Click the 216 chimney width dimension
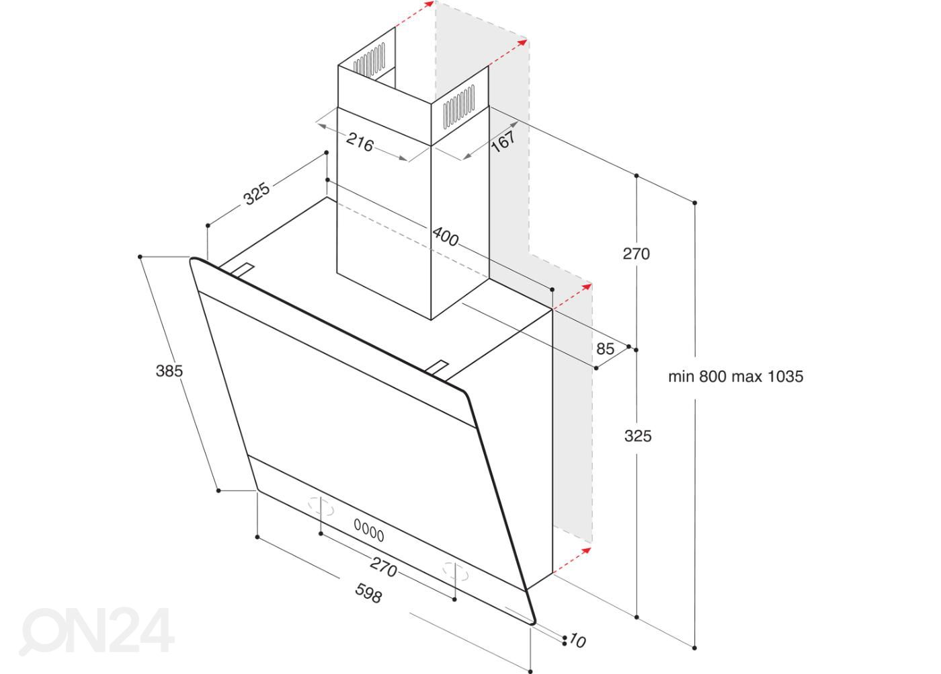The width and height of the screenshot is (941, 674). tap(360, 142)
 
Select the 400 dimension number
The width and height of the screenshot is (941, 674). tap(445, 237)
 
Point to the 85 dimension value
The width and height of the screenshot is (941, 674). tap(606, 348)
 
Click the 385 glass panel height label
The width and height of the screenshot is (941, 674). tap(169, 371)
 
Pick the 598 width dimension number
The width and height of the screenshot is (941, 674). tap(369, 593)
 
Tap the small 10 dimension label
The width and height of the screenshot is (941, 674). tap(577, 641)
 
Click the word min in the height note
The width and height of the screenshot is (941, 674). tap(682, 376)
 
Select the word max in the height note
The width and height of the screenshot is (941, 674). tap(747, 377)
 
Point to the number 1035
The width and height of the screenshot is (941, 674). tap(785, 376)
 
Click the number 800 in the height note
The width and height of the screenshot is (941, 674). tap(713, 376)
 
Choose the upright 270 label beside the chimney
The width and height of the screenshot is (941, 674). tap(636, 254)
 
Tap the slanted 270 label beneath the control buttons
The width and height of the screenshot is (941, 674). tap(384, 566)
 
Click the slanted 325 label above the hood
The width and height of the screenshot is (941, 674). tap(257, 194)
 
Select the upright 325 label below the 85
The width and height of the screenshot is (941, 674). tap(638, 436)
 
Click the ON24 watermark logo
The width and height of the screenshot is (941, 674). tap(97, 631)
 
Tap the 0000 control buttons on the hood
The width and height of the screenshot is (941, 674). tap(369, 531)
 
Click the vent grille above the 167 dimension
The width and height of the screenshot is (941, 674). tap(459, 106)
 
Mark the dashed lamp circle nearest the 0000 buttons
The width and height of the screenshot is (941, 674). tap(321, 507)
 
